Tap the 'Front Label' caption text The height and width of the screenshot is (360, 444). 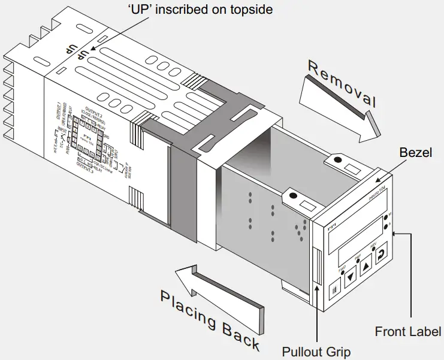coord(407,331)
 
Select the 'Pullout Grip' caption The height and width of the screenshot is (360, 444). coord(316,351)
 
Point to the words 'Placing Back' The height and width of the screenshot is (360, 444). coord(210,320)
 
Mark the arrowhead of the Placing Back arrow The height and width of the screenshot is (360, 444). coord(183,277)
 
